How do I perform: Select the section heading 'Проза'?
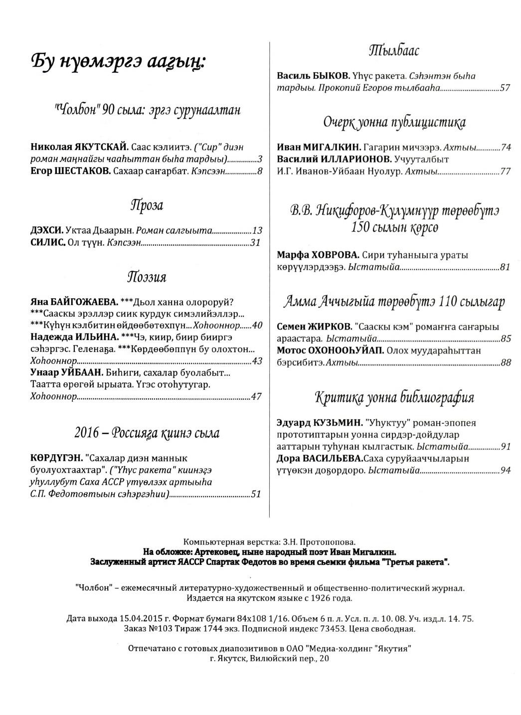[x=147, y=205]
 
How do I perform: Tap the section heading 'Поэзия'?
[x=147, y=277]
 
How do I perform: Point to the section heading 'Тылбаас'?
[x=393, y=50]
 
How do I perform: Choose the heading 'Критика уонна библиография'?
[x=394, y=398]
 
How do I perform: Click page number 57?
[x=506, y=88]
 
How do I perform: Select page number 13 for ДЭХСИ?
[x=257, y=231]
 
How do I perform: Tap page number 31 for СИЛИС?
[x=256, y=243]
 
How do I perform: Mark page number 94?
[x=506, y=470]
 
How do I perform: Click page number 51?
[x=256, y=495]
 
